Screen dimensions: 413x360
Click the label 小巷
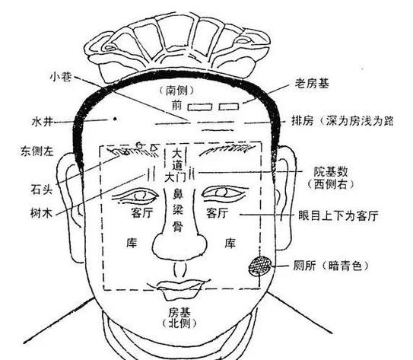click(61, 77)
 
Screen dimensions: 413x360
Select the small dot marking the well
click(115, 119)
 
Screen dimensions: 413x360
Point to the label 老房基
click(312, 84)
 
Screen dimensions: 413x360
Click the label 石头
click(42, 190)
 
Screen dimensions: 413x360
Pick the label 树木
click(41, 213)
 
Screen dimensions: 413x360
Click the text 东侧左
click(37, 151)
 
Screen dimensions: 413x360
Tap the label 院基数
click(331, 172)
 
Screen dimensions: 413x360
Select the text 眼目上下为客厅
click(338, 215)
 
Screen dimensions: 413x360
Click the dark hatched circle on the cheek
click(260, 266)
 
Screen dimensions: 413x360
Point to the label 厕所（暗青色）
click(331, 266)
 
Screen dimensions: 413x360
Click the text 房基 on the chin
click(179, 313)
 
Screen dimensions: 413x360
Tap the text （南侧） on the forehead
click(176, 91)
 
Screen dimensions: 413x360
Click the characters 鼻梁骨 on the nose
click(178, 210)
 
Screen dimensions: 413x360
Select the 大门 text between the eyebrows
click(175, 177)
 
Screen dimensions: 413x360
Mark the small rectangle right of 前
click(200, 107)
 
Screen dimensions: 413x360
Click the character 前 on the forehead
click(176, 104)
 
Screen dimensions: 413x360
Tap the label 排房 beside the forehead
click(303, 121)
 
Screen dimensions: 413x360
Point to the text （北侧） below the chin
click(179, 323)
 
